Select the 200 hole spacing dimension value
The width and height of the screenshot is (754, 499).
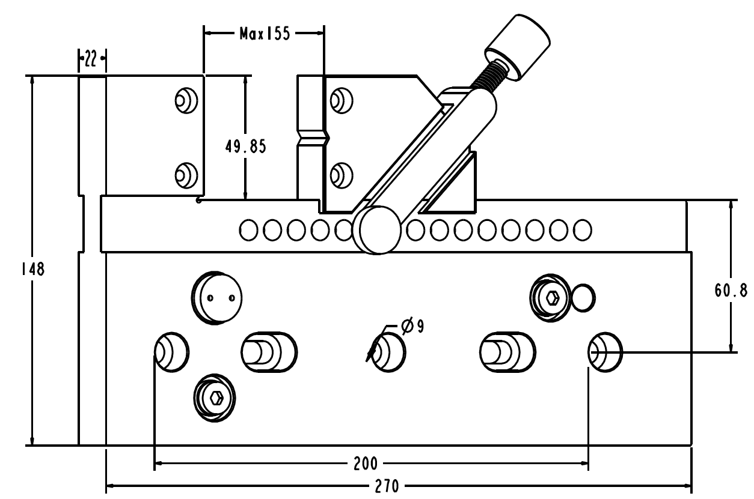tap(366, 463)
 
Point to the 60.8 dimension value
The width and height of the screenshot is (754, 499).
tap(730, 291)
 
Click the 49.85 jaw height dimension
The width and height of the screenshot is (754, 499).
tap(245, 147)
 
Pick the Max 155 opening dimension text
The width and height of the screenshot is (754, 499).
tap(264, 34)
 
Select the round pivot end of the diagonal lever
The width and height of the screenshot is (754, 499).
tap(377, 229)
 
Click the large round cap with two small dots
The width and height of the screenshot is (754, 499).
tap(216, 297)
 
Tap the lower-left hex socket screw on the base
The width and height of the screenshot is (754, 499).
tap(213, 397)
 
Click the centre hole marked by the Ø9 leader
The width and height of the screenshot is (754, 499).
tap(388, 351)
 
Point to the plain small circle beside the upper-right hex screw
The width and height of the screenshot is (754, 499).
tap(583, 298)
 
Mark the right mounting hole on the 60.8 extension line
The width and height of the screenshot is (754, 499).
tap(604, 351)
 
